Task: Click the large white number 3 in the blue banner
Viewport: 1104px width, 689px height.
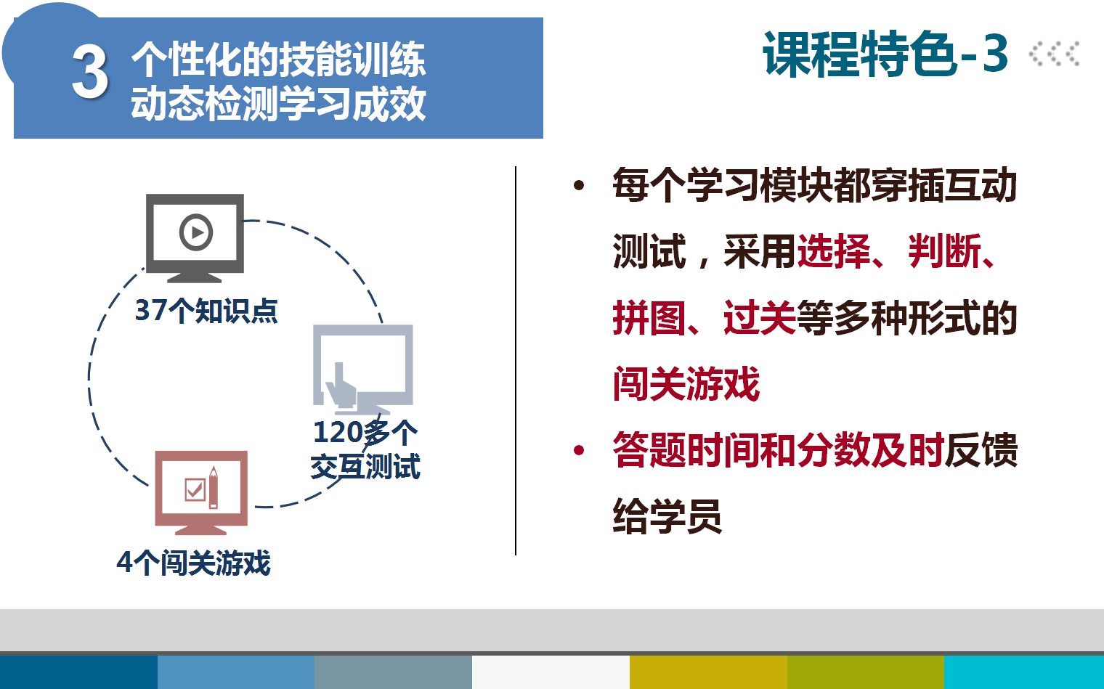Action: (90, 72)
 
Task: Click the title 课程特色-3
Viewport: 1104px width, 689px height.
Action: (885, 54)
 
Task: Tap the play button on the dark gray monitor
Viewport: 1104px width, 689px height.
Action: (196, 232)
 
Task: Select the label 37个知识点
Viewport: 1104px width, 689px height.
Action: (206, 311)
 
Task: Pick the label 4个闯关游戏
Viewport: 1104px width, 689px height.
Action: (194, 563)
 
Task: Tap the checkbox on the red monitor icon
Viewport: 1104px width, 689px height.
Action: (195, 489)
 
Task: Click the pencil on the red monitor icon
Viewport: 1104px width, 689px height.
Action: (213, 487)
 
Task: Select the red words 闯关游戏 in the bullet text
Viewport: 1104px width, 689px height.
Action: (686, 383)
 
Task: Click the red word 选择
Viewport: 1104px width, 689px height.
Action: (834, 251)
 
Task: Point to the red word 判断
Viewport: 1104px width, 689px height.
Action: (945, 251)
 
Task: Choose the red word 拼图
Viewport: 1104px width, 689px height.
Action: (649, 318)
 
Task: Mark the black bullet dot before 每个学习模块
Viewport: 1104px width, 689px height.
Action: (579, 186)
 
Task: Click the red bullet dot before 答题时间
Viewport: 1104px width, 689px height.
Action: (579, 450)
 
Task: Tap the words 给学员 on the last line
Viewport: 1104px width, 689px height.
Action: (667, 516)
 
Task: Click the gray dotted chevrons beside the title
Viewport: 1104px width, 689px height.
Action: (1054, 54)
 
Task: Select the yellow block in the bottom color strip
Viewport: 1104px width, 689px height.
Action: (708, 672)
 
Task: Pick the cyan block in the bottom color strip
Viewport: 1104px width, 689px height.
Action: (1024, 672)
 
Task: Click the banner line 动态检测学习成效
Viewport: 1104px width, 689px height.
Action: (278, 103)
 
